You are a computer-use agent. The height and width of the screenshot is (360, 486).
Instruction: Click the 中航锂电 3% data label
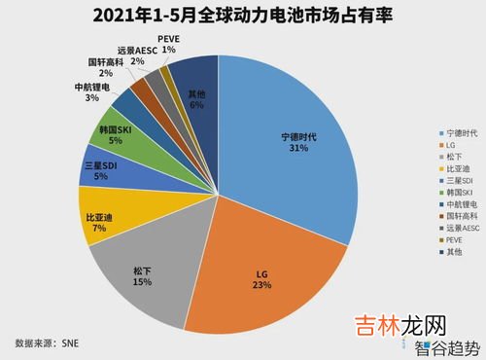(91, 91)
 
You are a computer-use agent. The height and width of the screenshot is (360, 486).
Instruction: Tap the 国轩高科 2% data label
(104, 65)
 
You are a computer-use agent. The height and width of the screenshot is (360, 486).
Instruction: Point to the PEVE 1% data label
(169, 43)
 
